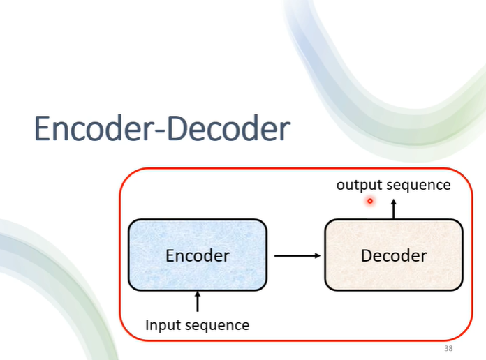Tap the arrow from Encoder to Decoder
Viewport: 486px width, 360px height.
click(297, 255)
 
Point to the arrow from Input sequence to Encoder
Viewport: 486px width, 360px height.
click(198, 302)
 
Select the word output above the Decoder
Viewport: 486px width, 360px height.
click(358, 185)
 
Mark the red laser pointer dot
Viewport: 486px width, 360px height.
click(370, 201)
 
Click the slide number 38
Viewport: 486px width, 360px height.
click(448, 348)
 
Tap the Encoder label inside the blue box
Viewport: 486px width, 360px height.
click(197, 255)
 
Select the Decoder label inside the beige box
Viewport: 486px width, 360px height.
click(393, 255)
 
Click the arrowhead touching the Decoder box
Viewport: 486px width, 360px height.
click(318, 255)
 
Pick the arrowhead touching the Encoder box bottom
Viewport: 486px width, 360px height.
click(198, 294)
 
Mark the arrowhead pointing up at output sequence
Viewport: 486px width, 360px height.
click(393, 202)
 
